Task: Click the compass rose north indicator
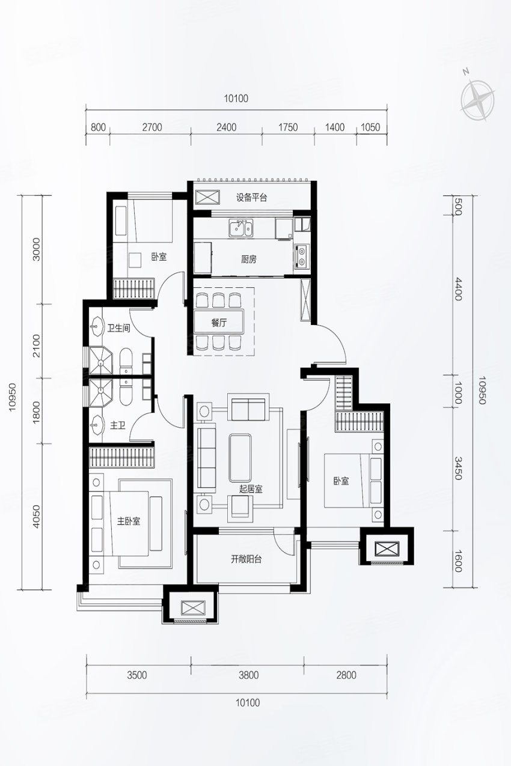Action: point(465,71)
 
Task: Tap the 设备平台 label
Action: point(251,198)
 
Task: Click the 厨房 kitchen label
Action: point(248,260)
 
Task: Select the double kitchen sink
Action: point(241,228)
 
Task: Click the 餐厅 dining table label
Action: point(219,323)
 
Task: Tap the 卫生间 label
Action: point(119,329)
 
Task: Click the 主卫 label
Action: point(117,425)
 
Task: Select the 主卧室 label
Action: point(129,521)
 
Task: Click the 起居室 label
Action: point(251,489)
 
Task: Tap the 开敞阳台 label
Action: point(246,559)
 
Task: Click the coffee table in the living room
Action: point(240,458)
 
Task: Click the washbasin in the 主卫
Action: point(97,425)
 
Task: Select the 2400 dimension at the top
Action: point(227,127)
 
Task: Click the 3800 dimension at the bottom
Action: point(249,675)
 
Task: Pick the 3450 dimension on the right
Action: point(458,468)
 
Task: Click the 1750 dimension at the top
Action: point(288,127)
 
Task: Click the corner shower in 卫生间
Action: point(100,360)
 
